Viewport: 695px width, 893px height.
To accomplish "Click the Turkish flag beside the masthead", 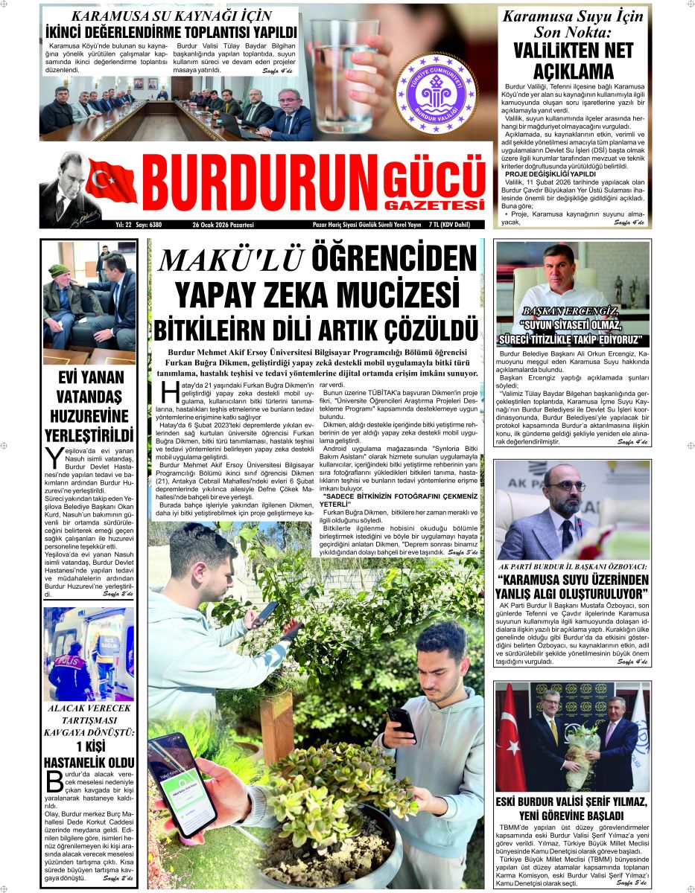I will click(112, 182).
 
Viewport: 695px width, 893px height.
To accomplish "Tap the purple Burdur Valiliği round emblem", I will click(436, 92).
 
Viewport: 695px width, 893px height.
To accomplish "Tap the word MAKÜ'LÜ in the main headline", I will click(232, 259).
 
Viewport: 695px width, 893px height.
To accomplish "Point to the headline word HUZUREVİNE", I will click(89, 415).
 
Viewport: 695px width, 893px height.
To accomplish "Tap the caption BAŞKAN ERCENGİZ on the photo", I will click(571, 310).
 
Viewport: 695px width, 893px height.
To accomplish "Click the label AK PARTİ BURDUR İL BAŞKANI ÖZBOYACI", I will click(572, 566).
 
